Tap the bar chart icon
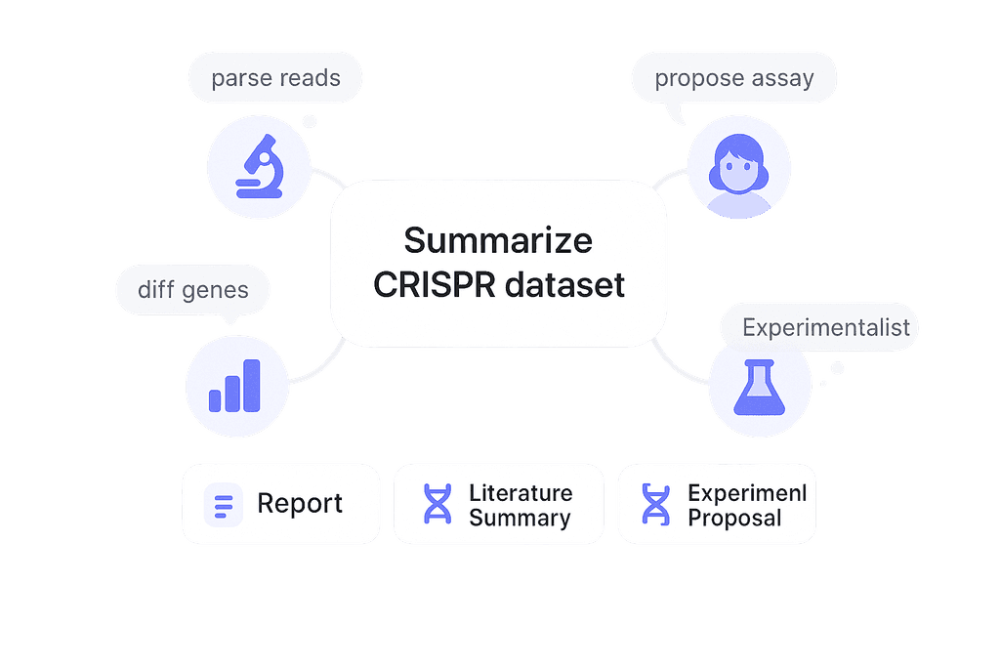[x=235, y=385]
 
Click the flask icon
[x=759, y=388]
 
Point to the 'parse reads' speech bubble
[x=275, y=78]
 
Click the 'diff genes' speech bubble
[x=192, y=290]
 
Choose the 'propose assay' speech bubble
[x=733, y=78]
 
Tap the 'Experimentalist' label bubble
[x=825, y=327]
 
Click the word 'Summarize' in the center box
[x=498, y=240]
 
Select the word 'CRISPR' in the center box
[x=436, y=286]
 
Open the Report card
[x=280, y=504]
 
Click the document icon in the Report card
[x=224, y=505]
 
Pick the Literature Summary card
[x=497, y=504]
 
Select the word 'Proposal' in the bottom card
[x=734, y=518]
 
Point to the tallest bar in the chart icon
[x=252, y=385]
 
